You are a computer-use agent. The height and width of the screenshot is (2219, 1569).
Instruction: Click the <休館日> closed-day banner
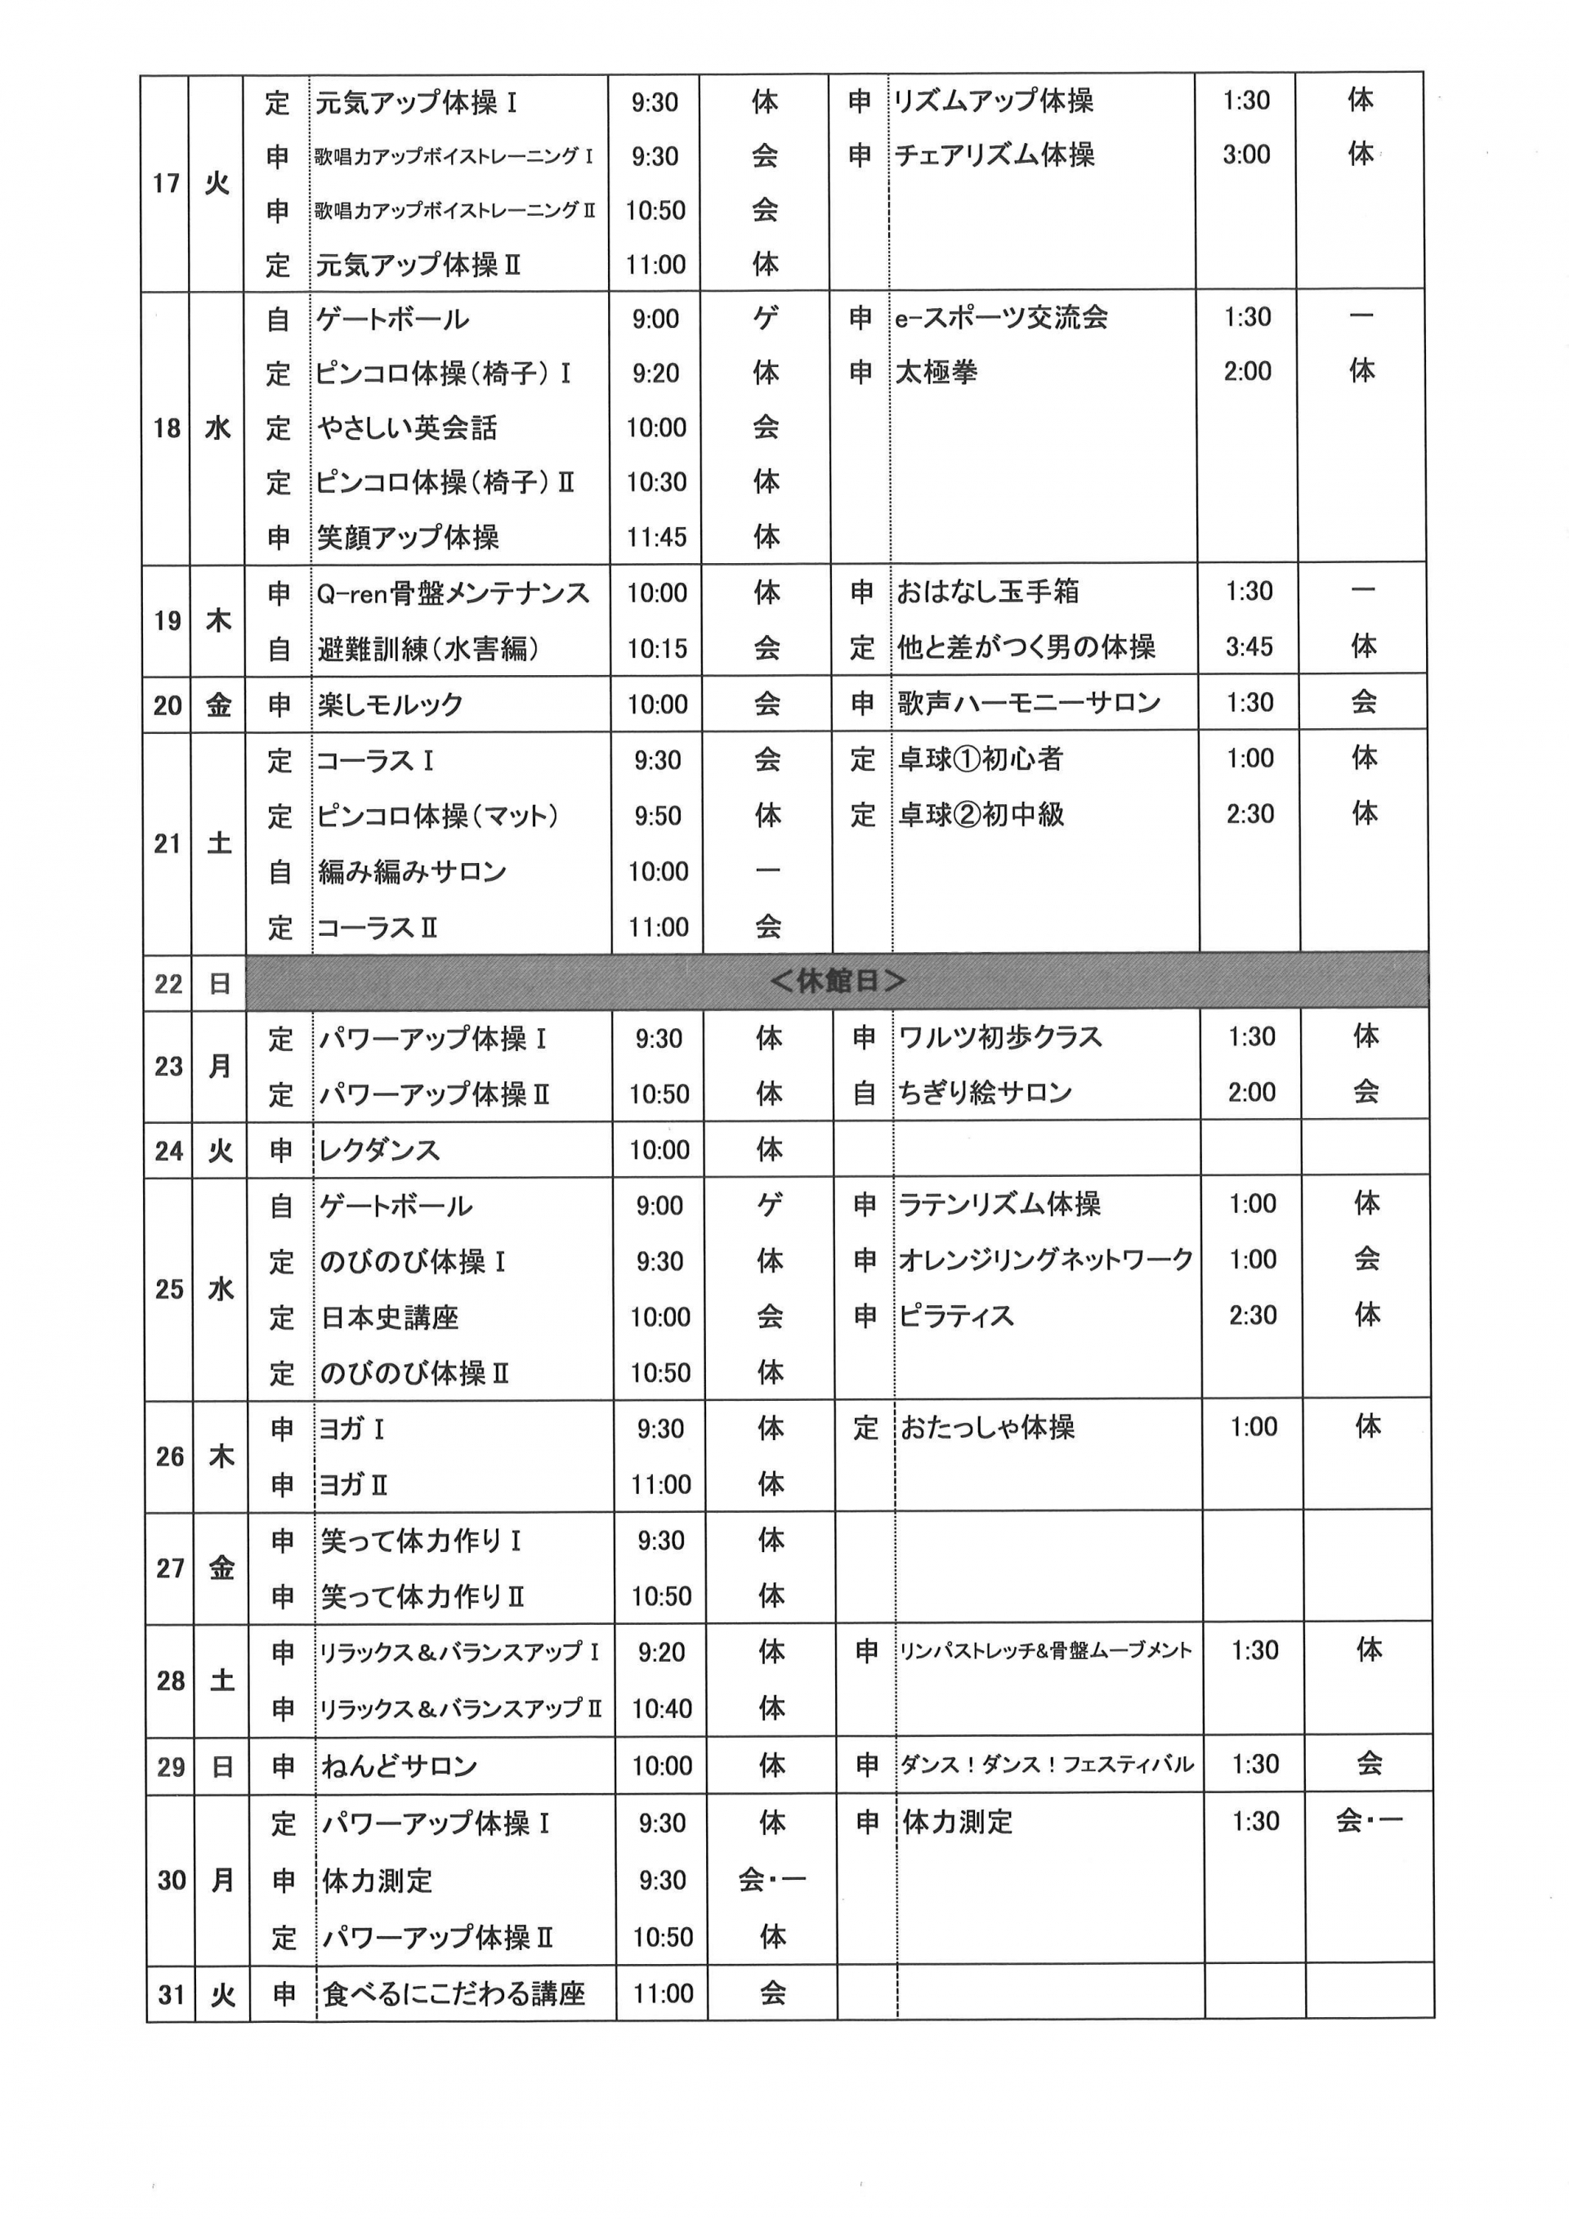click(x=837, y=981)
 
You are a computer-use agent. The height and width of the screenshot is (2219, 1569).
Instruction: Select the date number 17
click(x=166, y=182)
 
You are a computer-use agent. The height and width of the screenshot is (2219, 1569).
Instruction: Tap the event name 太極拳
click(x=935, y=371)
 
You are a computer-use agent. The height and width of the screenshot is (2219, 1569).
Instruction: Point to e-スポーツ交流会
click(x=1000, y=317)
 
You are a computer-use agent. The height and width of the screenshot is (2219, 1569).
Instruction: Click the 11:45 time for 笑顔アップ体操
click(x=656, y=536)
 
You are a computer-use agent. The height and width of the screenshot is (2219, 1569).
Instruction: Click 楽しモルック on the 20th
click(x=391, y=705)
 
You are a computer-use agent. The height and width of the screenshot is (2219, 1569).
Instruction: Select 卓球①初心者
click(x=980, y=758)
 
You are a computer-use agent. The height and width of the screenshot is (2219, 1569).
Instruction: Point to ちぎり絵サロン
click(x=985, y=1093)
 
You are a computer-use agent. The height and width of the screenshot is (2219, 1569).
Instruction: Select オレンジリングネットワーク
click(x=1045, y=1259)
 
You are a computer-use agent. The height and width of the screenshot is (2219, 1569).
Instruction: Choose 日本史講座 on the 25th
click(x=389, y=1318)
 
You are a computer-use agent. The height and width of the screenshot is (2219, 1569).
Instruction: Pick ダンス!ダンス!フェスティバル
click(x=1046, y=1765)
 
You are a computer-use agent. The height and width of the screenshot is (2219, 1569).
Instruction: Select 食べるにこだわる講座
click(x=453, y=1993)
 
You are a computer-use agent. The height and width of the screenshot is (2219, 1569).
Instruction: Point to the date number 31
click(x=171, y=1993)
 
